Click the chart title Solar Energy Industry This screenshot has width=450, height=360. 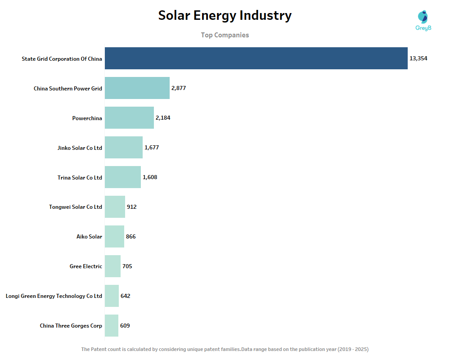[x=225, y=16]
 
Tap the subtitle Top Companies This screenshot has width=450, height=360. [x=225, y=35]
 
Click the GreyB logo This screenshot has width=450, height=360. [x=423, y=20]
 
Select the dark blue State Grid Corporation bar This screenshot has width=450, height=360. [x=256, y=58]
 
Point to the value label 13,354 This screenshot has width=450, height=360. [x=418, y=58]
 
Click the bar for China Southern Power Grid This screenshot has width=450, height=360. [x=137, y=88]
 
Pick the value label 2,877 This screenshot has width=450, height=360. [x=178, y=88]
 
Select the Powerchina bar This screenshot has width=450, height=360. [x=129, y=118]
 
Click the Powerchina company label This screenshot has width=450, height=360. [x=87, y=118]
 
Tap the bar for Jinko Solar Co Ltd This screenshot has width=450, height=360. [x=124, y=148]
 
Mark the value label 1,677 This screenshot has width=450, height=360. [x=152, y=148]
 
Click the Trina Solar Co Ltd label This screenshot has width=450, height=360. [x=80, y=177]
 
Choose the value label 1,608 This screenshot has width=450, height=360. [x=150, y=177]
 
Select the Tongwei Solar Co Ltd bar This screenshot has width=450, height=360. [x=115, y=207]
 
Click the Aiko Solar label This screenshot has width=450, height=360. [x=89, y=237]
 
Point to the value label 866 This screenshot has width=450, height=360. [x=130, y=237]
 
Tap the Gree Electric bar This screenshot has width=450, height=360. [x=112, y=266]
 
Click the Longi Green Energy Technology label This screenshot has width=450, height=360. [x=54, y=296]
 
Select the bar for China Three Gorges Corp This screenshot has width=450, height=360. [x=112, y=326]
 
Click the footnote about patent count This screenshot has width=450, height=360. [x=225, y=349]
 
